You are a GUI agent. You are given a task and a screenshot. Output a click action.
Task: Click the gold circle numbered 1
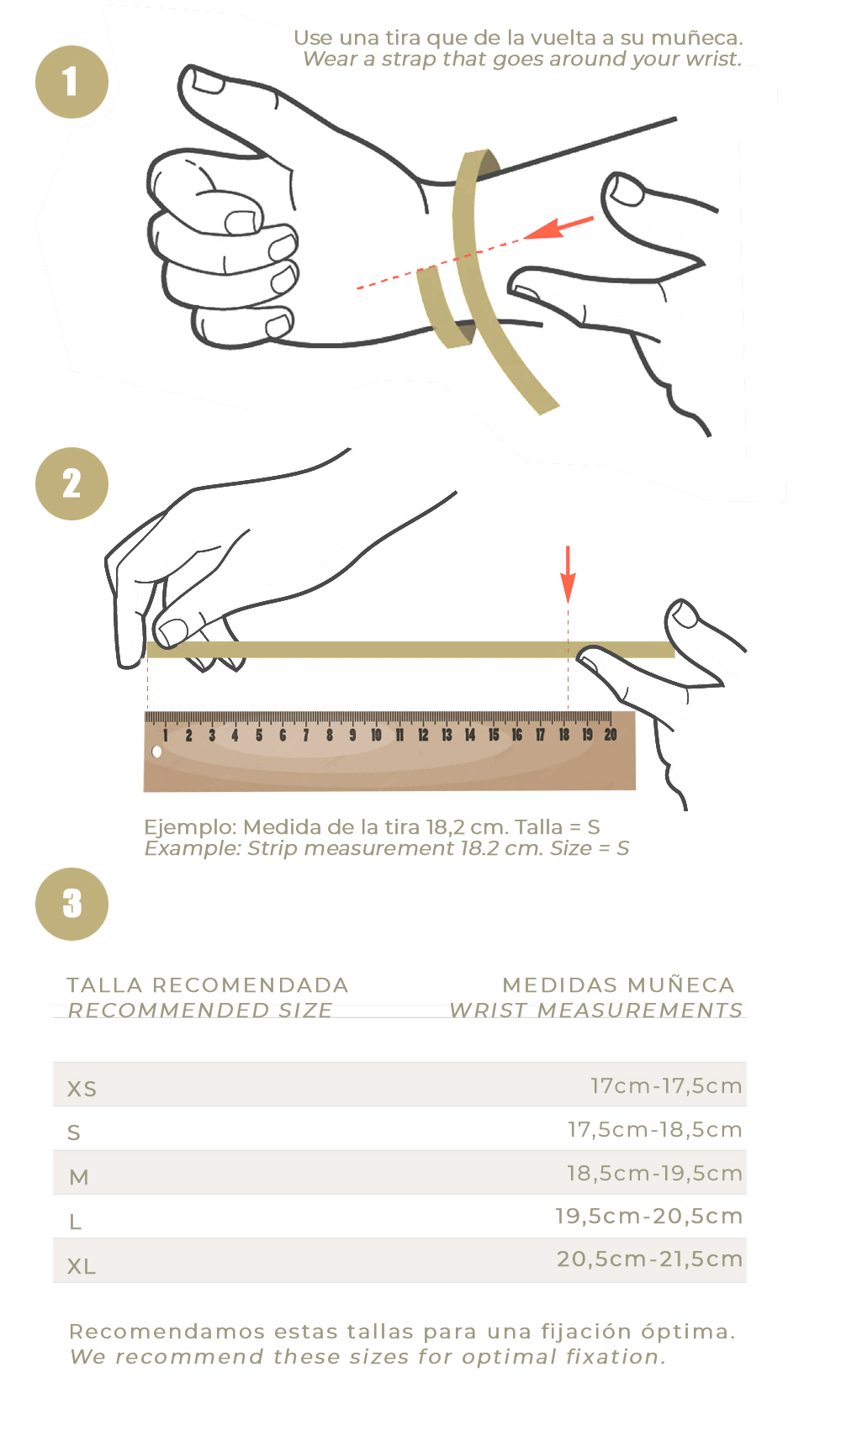pyautogui.click(x=71, y=82)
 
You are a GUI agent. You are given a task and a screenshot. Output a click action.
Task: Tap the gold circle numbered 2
pyautogui.click(x=71, y=483)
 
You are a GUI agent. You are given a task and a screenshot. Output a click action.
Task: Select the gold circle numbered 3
pyautogui.click(x=71, y=904)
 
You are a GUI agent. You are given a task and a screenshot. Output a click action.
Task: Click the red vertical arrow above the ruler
pyautogui.click(x=568, y=574)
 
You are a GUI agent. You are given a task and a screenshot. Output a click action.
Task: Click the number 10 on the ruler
pyautogui.click(x=376, y=735)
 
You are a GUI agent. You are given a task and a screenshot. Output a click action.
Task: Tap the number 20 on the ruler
pyautogui.click(x=611, y=734)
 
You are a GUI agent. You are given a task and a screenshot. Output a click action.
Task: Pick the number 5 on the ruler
pyautogui.click(x=259, y=736)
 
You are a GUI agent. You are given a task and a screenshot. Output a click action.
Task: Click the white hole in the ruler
pyautogui.click(x=156, y=752)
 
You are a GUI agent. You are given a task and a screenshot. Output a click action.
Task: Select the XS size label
pyautogui.click(x=82, y=1089)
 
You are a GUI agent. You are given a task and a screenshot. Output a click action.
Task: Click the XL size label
pyautogui.click(x=82, y=1266)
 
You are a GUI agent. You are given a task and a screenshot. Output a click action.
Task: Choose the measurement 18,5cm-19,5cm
pyautogui.click(x=654, y=1173)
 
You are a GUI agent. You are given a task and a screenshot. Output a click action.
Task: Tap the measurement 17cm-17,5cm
pyautogui.click(x=666, y=1085)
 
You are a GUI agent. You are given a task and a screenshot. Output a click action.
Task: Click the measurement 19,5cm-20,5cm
pyautogui.click(x=648, y=1216)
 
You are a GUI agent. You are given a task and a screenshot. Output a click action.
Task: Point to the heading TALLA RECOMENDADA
pyautogui.click(x=208, y=985)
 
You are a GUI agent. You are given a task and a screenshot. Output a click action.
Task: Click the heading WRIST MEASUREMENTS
pyautogui.click(x=596, y=1010)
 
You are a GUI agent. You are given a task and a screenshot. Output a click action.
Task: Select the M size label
pyautogui.click(x=79, y=1177)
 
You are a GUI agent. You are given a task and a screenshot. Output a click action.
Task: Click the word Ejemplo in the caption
pyautogui.click(x=190, y=827)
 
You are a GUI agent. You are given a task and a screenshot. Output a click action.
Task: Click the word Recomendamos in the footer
pyautogui.click(x=167, y=1332)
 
